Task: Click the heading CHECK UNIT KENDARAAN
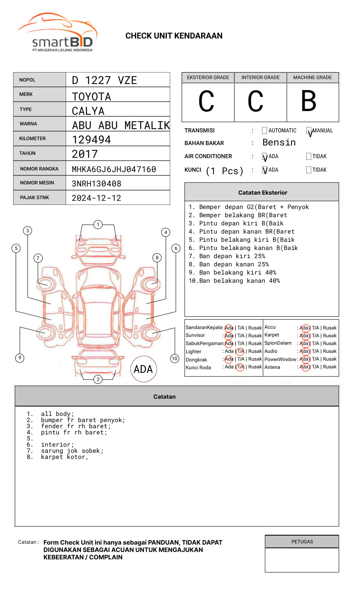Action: [x=174, y=36]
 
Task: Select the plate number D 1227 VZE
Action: [x=105, y=80]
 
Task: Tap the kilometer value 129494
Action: [x=91, y=140]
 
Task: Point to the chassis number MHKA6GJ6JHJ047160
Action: [x=114, y=169]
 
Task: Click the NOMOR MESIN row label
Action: [x=37, y=183]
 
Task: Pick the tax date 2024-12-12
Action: [x=96, y=198]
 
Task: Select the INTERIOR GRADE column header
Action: [x=260, y=77]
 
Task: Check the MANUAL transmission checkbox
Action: [x=309, y=131]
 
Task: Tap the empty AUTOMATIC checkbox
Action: [x=264, y=131]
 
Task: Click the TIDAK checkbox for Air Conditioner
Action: [x=309, y=156]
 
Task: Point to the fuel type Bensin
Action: [x=279, y=143]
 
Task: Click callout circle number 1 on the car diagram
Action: [x=98, y=225]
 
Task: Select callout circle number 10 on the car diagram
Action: [x=175, y=359]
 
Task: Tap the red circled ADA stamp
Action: [x=143, y=369]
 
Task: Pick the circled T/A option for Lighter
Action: [x=240, y=351]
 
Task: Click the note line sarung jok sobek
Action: [x=72, y=451]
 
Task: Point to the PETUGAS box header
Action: [x=302, y=542]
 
